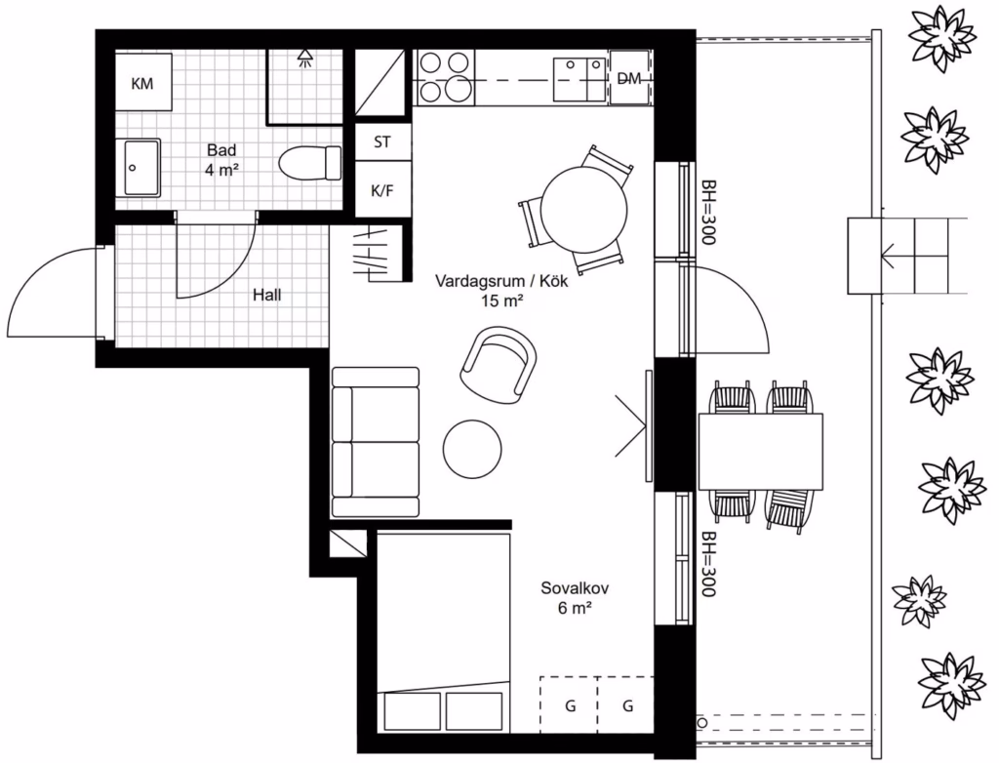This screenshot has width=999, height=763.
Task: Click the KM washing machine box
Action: [143, 82]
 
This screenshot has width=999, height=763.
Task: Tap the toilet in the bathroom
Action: [310, 163]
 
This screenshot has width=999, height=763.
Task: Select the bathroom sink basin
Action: [140, 168]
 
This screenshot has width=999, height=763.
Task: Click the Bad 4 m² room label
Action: [221, 160]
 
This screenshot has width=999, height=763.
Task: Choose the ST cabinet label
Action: [382, 141]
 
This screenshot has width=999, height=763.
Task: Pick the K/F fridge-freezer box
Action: [382, 189]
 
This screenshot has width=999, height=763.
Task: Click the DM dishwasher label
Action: [629, 78]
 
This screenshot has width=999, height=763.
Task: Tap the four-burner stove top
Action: [445, 77]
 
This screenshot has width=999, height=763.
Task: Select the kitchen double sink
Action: [579, 80]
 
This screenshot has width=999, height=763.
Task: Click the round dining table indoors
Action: [583, 209]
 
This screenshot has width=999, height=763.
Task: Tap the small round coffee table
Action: [472, 450]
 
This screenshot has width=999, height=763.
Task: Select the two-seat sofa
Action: [376, 442]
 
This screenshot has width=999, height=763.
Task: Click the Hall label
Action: [267, 295]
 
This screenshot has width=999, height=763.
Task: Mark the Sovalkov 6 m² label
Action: [575, 598]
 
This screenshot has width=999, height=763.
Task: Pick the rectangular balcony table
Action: [761, 452]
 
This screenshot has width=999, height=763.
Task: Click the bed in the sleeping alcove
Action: [444, 633]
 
